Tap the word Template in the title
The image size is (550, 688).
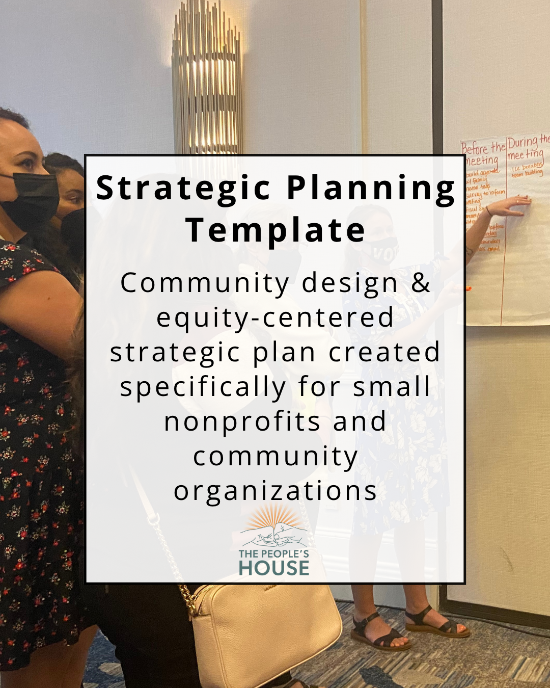pos(275,230)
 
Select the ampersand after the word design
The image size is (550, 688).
pos(421,283)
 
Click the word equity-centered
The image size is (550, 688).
pos(275,318)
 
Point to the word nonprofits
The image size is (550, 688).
pos(242,422)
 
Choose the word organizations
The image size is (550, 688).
pos(275,491)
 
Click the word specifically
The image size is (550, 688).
pos(203,387)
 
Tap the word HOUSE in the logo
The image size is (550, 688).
pos(274,568)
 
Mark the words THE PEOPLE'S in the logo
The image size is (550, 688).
pos(274,553)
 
